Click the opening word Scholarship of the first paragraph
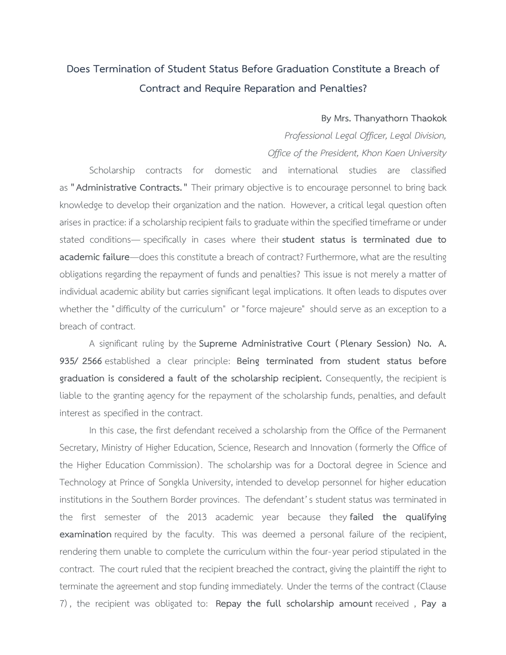(x=112, y=170)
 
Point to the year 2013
(x=197, y=517)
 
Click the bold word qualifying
(x=426, y=517)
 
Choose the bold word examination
(x=85, y=534)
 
